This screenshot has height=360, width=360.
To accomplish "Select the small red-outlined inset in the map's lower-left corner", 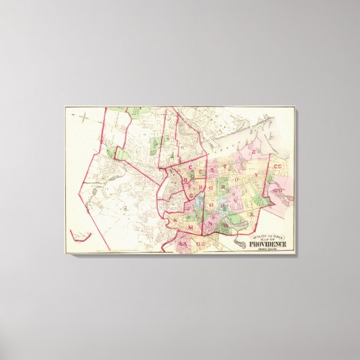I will tap(81, 236).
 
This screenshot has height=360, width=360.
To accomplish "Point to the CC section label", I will tap(278, 166).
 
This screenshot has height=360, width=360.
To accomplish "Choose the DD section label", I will tap(277, 191).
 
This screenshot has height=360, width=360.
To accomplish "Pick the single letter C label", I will tap(192, 168).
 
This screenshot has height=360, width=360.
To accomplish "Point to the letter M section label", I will tap(192, 225).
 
